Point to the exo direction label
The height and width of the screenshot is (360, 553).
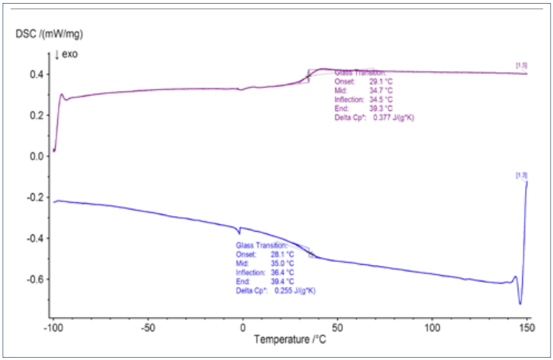pos(66,54)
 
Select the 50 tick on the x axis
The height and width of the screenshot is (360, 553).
pos(338,328)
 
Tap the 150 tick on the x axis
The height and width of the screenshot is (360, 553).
pos(527,328)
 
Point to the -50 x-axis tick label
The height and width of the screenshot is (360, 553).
pos(148,328)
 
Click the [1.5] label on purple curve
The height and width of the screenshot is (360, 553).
pos(521,66)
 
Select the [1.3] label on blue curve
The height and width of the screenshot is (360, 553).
pos(521,176)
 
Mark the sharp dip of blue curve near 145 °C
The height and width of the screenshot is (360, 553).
pos(520,303)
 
